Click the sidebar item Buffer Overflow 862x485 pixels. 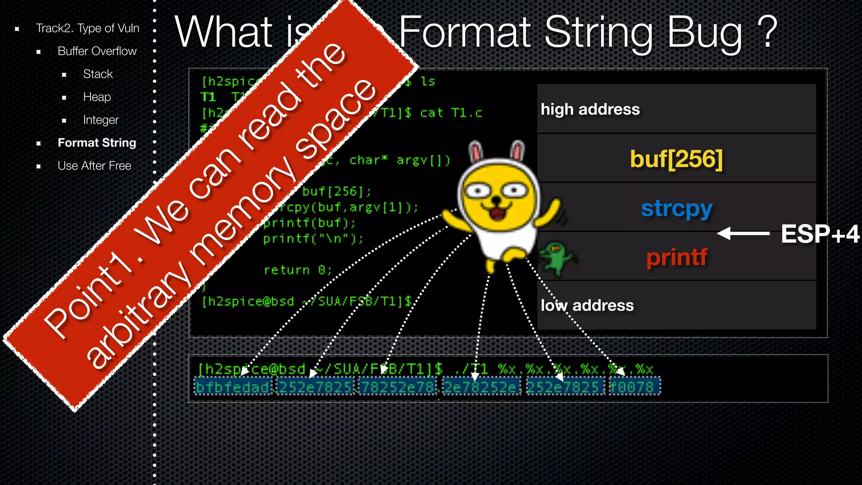tap(97, 51)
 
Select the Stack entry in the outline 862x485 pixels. tap(98, 74)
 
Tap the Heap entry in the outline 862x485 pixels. tap(97, 97)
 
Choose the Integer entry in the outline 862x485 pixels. tap(101, 120)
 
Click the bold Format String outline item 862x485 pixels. tap(97, 143)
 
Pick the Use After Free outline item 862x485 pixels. tap(94, 166)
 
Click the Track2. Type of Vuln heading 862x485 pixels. tap(87, 28)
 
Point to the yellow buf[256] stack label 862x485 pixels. tap(676, 159)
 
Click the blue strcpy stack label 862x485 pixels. tap(676, 208)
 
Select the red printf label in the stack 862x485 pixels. tap(676, 257)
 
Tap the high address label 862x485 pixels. tap(590, 109)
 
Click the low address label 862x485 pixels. tap(587, 306)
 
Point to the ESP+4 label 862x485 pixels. tap(820, 234)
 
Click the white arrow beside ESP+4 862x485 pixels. tap(743, 233)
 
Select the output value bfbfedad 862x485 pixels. tap(233, 386)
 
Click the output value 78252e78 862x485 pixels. tap(398, 386)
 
